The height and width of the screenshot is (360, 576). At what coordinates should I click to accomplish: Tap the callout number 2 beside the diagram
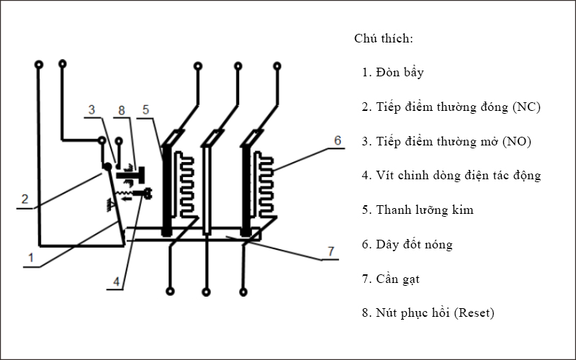point(24,199)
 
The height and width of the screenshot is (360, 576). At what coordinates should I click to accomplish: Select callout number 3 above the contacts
point(91,109)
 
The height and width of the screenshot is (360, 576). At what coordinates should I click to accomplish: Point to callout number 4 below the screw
point(115,282)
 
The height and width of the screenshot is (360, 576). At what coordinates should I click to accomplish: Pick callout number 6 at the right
point(337,141)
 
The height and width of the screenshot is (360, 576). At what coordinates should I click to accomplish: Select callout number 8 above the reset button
point(121,109)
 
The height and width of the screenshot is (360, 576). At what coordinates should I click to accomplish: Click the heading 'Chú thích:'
point(383,38)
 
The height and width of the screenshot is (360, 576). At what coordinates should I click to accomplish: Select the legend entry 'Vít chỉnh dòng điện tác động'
point(458,175)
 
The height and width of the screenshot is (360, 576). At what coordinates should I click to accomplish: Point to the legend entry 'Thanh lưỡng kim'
point(425,210)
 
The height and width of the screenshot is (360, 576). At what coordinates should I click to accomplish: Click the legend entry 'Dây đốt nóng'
point(414,244)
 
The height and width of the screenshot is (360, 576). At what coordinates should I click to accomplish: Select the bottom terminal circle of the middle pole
point(207,292)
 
